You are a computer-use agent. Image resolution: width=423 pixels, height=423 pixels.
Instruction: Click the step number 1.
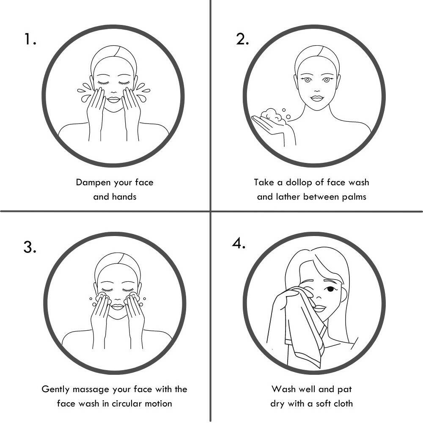coord(30,39)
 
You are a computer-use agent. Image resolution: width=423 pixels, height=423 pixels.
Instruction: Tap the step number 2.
coord(242,39)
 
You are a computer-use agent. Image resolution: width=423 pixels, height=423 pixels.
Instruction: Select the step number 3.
coord(30,247)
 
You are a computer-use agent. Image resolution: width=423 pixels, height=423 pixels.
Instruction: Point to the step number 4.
coord(239,244)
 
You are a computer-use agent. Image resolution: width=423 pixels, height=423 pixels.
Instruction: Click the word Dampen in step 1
coord(93,183)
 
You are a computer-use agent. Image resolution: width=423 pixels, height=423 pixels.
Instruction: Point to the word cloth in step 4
coord(343,403)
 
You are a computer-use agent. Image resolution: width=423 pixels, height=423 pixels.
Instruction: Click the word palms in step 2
coord(354,197)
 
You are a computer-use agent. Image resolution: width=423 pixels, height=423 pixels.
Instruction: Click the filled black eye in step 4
coord(330,289)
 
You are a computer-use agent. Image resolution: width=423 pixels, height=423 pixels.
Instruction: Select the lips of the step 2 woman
coord(317,98)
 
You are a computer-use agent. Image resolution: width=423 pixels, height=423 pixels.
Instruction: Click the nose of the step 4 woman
coord(319,297)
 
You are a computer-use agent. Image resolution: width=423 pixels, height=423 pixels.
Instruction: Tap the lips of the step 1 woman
coord(113,100)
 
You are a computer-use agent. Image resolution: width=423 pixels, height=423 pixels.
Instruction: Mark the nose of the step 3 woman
coord(117,299)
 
